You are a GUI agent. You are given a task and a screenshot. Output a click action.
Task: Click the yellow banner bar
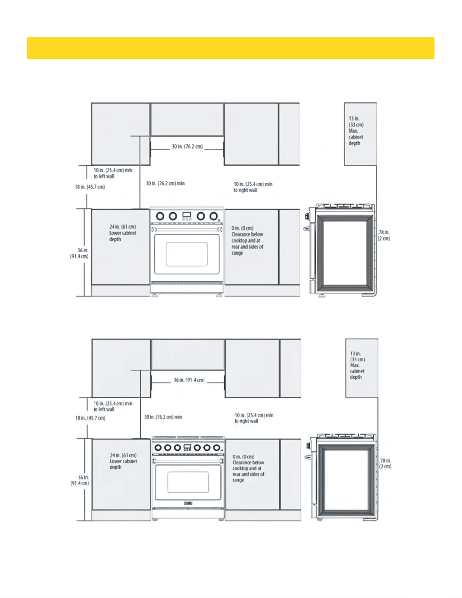[x=231, y=48]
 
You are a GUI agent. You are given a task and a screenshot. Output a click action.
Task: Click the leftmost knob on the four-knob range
[x=160, y=216]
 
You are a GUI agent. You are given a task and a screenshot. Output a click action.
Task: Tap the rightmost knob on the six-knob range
[x=216, y=448]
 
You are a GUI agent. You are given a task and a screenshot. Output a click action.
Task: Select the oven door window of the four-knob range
[x=187, y=254]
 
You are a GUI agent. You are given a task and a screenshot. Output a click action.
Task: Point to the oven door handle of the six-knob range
[x=188, y=460]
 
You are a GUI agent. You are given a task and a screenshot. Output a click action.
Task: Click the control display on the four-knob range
[x=187, y=215]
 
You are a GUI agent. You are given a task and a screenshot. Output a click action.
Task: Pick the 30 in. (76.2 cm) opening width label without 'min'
[x=187, y=146]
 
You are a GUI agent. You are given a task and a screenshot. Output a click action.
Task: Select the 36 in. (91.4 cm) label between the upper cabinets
[x=189, y=380]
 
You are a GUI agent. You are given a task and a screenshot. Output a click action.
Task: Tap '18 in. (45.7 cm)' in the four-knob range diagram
[x=90, y=187]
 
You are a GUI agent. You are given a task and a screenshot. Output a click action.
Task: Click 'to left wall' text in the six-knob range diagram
[x=104, y=409]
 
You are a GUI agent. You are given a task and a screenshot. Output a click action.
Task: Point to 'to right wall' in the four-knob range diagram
[x=245, y=190]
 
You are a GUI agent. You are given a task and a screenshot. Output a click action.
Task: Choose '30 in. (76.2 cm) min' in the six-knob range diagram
[x=163, y=417]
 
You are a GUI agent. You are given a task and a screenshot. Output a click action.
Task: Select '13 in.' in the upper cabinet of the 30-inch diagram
[x=354, y=119]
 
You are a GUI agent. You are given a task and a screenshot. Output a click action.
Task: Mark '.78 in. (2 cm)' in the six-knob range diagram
[x=385, y=464]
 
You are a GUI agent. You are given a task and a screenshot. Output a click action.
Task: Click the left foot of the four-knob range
[x=155, y=295]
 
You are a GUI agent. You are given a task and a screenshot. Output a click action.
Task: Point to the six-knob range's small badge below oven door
[x=188, y=503]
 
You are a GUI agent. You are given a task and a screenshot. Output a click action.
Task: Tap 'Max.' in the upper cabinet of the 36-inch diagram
[x=355, y=365]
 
